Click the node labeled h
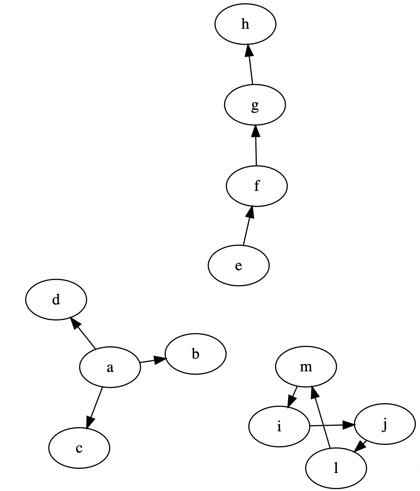coord(245,24)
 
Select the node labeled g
coord(255,105)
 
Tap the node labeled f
coord(257,186)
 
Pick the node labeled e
coord(238,266)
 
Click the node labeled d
coord(56,299)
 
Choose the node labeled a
coord(110,367)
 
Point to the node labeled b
coord(195,354)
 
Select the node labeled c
coord(79,448)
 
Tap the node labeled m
coord(306,367)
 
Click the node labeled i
coord(279,427)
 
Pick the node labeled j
coord(384,424)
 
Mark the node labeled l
coord(336,468)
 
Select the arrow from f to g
coord(256,146)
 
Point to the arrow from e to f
coord(247,225)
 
